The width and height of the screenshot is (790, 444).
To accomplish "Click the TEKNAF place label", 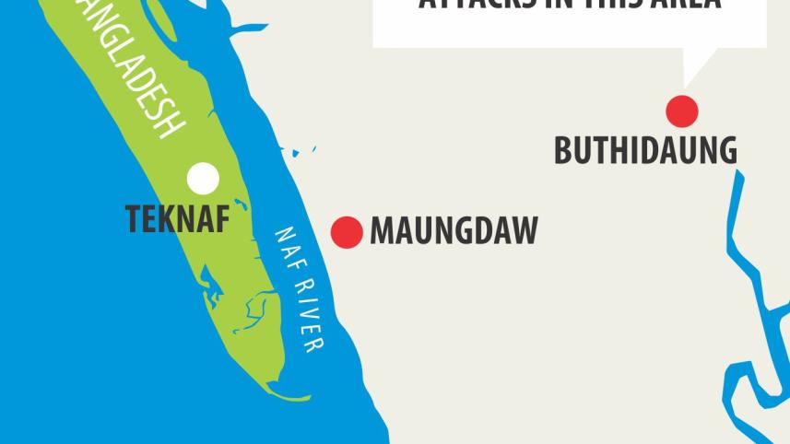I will tap(177, 218).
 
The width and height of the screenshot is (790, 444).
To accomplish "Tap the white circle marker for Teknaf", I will tap(203, 177).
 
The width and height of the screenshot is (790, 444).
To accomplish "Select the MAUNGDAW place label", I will tap(454, 231).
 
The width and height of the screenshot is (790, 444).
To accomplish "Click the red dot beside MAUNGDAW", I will tap(347, 232).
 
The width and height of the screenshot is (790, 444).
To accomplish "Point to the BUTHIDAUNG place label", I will tap(645, 150).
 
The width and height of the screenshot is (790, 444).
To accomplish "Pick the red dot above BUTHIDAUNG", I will tap(682, 111).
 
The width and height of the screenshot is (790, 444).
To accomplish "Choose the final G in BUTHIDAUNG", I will tap(725, 150).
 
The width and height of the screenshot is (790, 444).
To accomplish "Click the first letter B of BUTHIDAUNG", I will tap(563, 150).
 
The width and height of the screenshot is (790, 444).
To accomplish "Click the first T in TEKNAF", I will tap(134, 218).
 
